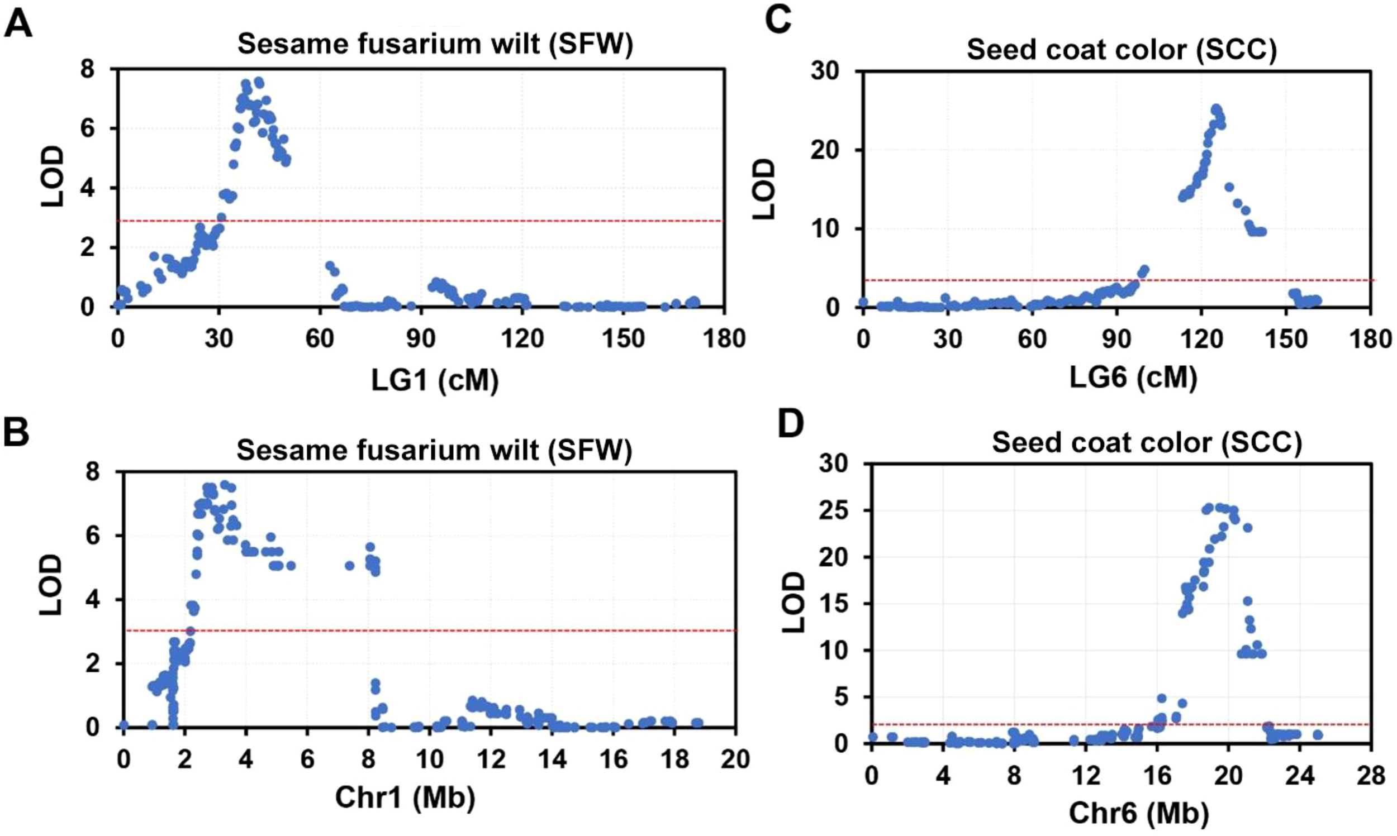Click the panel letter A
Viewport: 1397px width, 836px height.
[x=18, y=25]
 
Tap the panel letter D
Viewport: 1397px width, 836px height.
[x=790, y=424]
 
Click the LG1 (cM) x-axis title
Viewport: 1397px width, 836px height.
[x=435, y=381]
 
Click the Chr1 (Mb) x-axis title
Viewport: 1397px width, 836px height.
[x=405, y=797]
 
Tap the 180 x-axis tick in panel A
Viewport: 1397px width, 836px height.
[x=724, y=339]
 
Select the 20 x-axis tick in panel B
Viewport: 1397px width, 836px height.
[x=735, y=759]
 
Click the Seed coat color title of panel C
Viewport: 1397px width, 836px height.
[x=1122, y=50]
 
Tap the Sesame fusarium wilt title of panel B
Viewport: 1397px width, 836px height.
[x=434, y=450]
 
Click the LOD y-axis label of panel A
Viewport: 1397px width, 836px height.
[x=54, y=178]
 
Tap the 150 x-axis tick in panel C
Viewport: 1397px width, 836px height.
[x=1286, y=340]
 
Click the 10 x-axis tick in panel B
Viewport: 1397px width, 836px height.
[x=429, y=759]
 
